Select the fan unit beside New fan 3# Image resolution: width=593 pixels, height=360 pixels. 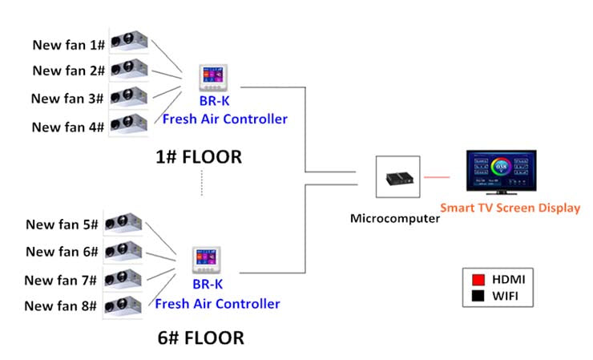[128, 96]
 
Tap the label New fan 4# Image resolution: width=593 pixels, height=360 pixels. [67, 127]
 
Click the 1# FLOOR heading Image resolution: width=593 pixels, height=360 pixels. [199, 157]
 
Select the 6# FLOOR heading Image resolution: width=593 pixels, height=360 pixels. [200, 338]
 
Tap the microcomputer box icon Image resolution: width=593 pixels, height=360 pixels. [398, 178]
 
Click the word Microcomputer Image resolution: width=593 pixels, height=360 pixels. [395, 218]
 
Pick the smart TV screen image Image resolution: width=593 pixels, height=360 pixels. [501, 172]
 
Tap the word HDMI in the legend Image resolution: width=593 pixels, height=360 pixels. [509, 280]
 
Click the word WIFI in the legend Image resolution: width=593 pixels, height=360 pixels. [508, 297]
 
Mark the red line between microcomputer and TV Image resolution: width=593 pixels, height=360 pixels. [437, 176]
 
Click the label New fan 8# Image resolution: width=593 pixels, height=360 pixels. [60, 305]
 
